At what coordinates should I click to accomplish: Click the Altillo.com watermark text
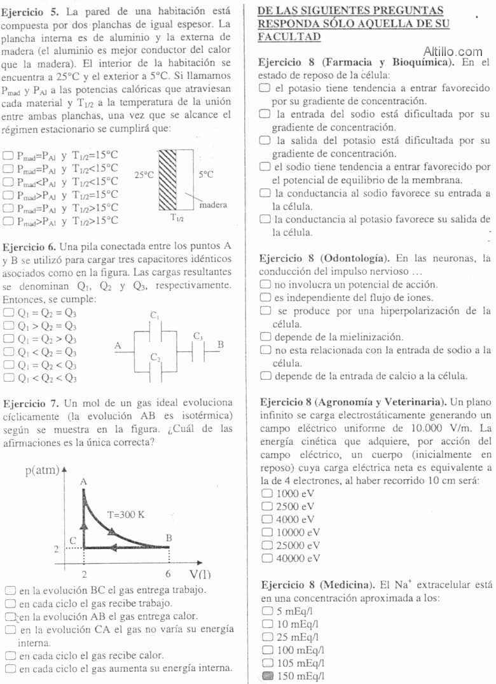click(452, 52)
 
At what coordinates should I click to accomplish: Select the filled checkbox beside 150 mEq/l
click(267, 676)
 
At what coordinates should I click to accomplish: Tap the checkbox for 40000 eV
click(267, 559)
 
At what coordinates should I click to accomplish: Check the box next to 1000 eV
click(267, 493)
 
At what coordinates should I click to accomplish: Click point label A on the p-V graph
click(83, 482)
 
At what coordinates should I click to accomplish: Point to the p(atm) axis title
click(42, 471)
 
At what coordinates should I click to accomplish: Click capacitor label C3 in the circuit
click(198, 335)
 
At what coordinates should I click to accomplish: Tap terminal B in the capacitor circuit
click(221, 344)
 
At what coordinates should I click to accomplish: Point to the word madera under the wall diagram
click(212, 206)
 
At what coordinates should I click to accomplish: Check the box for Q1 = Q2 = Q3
click(8, 312)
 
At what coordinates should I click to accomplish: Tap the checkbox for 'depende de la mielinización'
click(267, 337)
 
